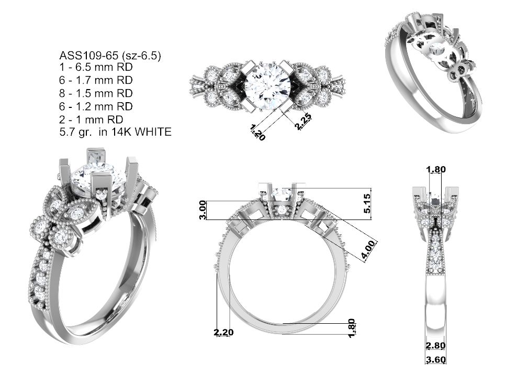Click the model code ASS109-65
click(x=88, y=55)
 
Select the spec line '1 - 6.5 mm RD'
click(x=96, y=67)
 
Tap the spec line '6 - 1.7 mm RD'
click(x=96, y=80)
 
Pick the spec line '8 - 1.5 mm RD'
click(x=96, y=93)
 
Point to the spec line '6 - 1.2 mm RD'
click(x=96, y=106)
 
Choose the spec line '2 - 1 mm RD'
click(x=92, y=119)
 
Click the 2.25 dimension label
click(x=303, y=122)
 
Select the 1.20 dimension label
click(x=257, y=132)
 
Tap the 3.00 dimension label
click(x=203, y=210)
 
